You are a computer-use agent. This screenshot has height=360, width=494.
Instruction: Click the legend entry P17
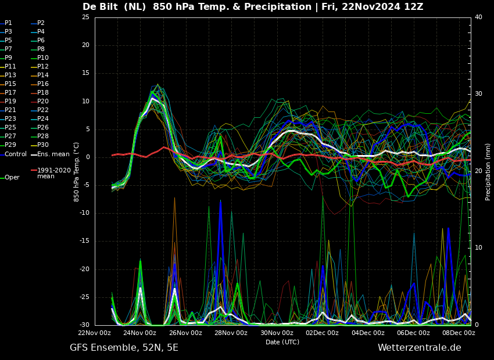(8, 92)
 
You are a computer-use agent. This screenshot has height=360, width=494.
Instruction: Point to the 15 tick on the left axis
(85, 73)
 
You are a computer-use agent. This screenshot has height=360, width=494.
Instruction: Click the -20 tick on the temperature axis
(85, 269)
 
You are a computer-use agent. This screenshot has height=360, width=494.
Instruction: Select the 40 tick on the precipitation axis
(478, 17)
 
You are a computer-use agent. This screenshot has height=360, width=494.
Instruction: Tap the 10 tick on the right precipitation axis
(478, 247)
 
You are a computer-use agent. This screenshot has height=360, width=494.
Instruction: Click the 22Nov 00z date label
(95, 333)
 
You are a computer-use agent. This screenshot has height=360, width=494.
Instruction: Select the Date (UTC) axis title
(282, 342)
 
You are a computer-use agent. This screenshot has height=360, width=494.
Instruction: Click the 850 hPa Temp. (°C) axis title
(76, 172)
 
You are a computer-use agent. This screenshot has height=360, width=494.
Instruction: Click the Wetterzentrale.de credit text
(420, 348)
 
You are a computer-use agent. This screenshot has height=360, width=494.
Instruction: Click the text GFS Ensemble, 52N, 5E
(124, 348)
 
